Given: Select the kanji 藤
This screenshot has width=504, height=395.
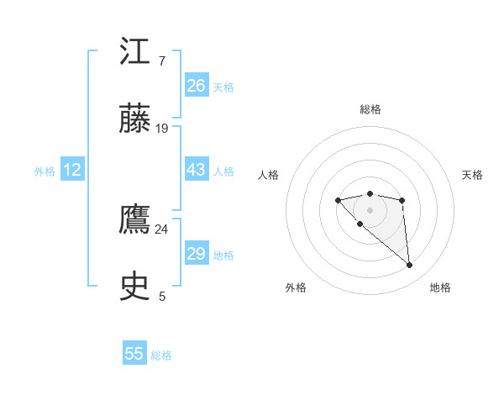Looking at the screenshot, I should (x=135, y=119).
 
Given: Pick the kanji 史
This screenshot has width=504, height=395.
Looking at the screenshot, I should (x=135, y=287).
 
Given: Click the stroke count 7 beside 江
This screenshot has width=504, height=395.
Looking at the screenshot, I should (x=161, y=61).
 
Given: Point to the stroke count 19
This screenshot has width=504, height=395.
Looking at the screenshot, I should (x=162, y=129).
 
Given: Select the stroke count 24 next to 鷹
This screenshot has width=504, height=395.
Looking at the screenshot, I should (x=162, y=229).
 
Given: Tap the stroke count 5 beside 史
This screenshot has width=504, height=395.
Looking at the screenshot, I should (x=162, y=297).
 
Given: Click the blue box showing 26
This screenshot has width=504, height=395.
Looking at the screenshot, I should (x=197, y=86).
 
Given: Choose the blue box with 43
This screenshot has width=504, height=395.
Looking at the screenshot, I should (x=197, y=170).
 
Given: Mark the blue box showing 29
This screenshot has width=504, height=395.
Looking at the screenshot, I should (x=197, y=254).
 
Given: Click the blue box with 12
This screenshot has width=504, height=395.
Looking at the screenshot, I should (x=72, y=170).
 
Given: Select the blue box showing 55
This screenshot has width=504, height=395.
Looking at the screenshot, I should (x=134, y=354).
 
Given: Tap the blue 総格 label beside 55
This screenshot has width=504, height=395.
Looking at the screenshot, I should (x=161, y=355).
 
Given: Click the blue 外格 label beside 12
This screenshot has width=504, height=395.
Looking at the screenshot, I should (x=45, y=171).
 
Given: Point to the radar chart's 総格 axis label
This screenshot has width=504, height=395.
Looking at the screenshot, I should (x=370, y=109).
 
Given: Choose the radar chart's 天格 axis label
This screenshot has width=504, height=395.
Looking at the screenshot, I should (x=472, y=175).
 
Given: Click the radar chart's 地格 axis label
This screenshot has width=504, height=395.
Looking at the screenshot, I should (x=440, y=287).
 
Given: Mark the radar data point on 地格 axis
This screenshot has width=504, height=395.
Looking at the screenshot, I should (x=410, y=266).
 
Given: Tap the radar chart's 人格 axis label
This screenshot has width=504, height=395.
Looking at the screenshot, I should (x=269, y=175).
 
